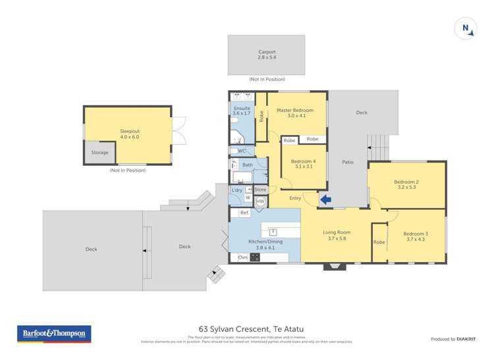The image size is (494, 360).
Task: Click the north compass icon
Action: [x=465, y=28]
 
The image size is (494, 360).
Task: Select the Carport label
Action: [x=267, y=52]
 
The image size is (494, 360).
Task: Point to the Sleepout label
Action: [x=129, y=131]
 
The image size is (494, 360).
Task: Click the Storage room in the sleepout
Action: [x=99, y=153]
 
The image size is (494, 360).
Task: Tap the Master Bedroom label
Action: [x=293, y=110]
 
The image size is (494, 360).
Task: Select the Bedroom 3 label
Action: [x=416, y=234]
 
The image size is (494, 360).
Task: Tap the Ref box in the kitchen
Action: [x=244, y=213]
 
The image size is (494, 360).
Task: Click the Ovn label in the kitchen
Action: [x=242, y=257]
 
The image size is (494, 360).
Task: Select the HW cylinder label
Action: [x=260, y=201]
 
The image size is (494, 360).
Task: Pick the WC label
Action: [x=242, y=151]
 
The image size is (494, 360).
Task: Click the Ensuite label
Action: [x=240, y=108]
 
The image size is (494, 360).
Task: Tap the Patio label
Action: [x=348, y=161]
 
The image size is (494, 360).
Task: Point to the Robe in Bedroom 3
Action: [x=379, y=242]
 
